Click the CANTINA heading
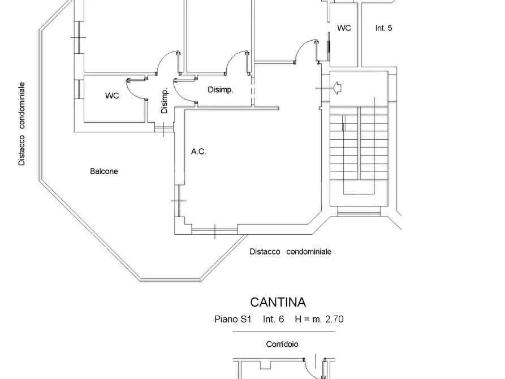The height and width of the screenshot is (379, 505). (278, 303)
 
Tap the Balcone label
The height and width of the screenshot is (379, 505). (104, 171)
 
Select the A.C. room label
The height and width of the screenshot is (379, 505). (198, 151)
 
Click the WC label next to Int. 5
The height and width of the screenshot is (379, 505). (344, 28)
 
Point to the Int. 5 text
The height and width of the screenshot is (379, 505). (383, 28)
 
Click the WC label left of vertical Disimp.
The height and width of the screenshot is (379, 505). (112, 96)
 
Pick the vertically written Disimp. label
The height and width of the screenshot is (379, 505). (165, 102)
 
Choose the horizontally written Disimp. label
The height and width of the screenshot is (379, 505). (221, 90)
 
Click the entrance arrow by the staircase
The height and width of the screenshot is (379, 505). (338, 88)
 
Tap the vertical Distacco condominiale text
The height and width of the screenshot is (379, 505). (21, 123)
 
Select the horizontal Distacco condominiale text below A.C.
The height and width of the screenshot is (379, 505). (290, 252)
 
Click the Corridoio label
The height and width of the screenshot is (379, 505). (282, 344)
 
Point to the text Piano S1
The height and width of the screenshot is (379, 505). (232, 319)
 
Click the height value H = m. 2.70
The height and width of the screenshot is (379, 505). (319, 319)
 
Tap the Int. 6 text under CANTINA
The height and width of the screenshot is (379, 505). (273, 319)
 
